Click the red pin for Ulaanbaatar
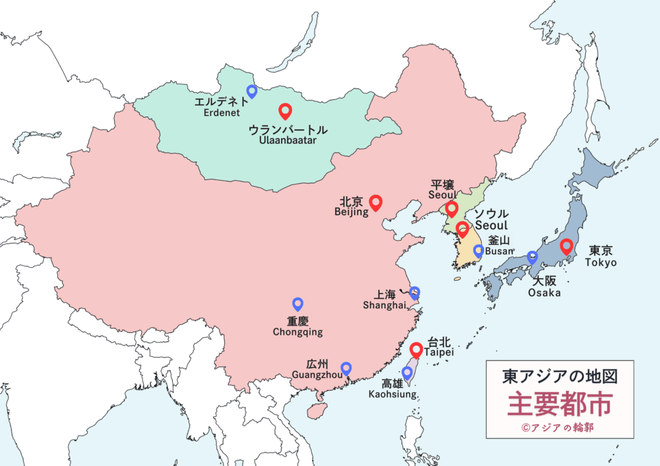284,111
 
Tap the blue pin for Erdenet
252,91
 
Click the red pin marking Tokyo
567,246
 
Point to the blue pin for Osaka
532,257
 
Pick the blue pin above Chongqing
298,303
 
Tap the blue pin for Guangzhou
346,368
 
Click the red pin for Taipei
416,349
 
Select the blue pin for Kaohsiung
407,373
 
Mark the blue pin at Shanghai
414,293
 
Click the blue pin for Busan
478,250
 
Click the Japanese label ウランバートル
288,129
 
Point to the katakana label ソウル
491,214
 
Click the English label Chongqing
297,332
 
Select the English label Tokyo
601,263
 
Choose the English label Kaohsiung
392,393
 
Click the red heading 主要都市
559,404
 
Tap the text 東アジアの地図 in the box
559,377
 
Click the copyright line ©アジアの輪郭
559,427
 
